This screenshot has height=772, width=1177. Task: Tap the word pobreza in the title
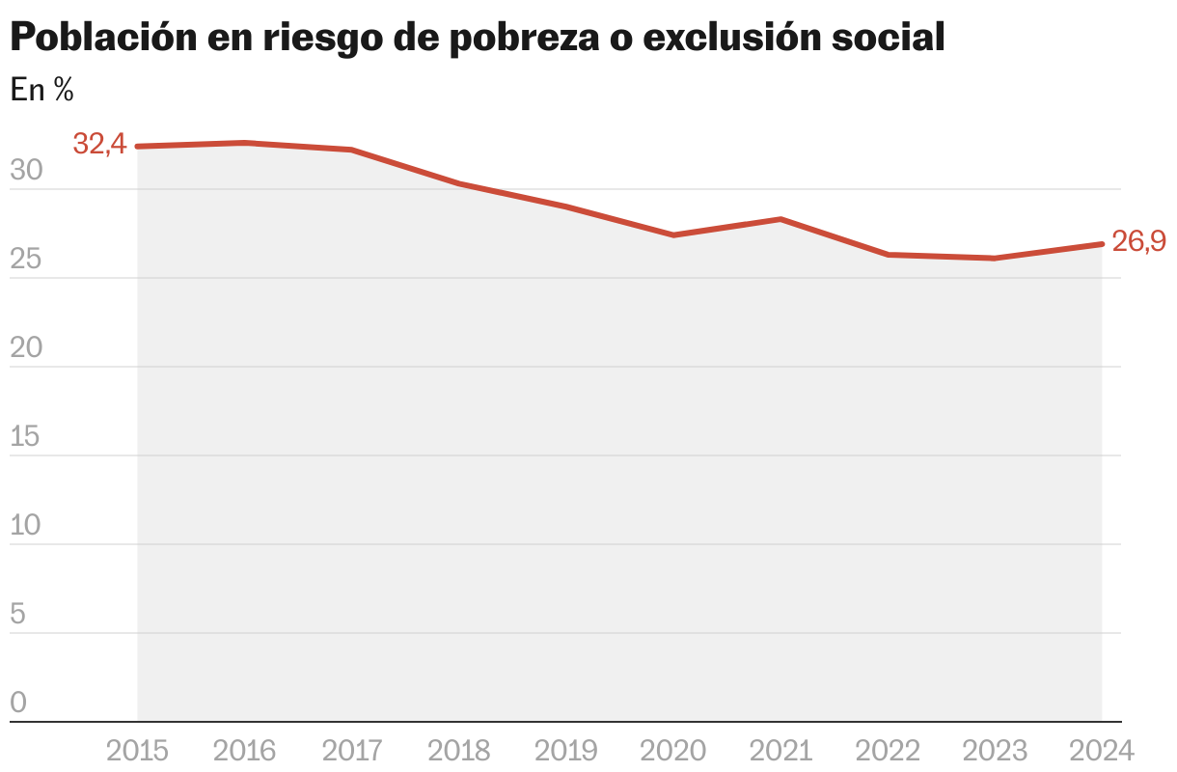(552, 38)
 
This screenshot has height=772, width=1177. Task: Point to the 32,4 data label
(99, 145)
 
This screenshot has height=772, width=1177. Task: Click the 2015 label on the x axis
(137, 750)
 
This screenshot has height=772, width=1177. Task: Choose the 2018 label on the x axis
(458, 750)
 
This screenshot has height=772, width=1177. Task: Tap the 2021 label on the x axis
(780, 750)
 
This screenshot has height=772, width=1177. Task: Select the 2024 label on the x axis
(1101, 750)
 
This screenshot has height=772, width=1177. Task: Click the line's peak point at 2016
(245, 143)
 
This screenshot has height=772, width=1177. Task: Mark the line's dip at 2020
(673, 234)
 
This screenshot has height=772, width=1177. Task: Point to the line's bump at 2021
(780, 219)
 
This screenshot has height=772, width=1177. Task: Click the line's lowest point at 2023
(995, 258)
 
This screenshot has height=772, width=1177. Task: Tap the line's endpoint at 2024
(1101, 244)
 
